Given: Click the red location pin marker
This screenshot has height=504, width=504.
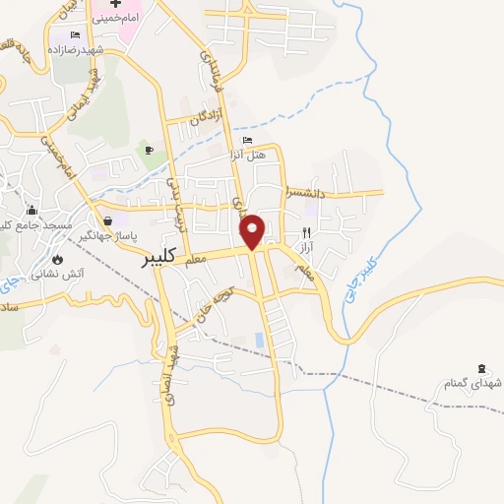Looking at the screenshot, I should click(253, 230).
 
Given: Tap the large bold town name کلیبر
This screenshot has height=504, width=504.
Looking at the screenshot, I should click(158, 257).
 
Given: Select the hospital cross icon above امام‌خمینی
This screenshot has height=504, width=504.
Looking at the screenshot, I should click(115, 5).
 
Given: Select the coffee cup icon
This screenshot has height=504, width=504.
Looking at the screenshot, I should click(150, 150).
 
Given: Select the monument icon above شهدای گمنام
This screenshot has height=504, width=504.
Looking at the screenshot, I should click(480, 368).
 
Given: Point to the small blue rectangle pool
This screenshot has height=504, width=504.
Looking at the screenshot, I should click(259, 340).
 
